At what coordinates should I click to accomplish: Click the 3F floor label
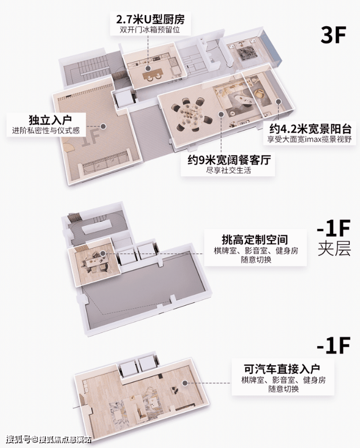tap(333, 35)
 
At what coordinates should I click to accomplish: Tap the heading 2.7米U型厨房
tap(150, 20)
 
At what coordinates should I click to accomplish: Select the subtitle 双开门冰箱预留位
tap(150, 30)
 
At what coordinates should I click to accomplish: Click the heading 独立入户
tap(50, 120)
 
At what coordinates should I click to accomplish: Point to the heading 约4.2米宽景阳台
tap(310, 129)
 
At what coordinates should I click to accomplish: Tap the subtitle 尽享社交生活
tap(228, 170)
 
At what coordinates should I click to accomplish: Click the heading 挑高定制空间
tap(255, 240)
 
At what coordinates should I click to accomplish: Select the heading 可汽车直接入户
tap(282, 369)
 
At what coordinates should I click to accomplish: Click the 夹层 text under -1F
tap(334, 249)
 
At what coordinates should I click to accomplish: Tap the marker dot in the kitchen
tap(148, 69)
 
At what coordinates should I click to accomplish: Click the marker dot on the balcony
tap(278, 101)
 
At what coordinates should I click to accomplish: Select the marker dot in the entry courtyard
tap(103, 126)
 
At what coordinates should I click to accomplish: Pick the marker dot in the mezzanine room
tap(103, 253)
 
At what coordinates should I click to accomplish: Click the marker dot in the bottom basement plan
tap(185, 383)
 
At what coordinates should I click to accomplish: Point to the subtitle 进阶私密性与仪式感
tap(46, 131)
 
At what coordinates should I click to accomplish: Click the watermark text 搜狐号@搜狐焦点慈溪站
tap(48, 439)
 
